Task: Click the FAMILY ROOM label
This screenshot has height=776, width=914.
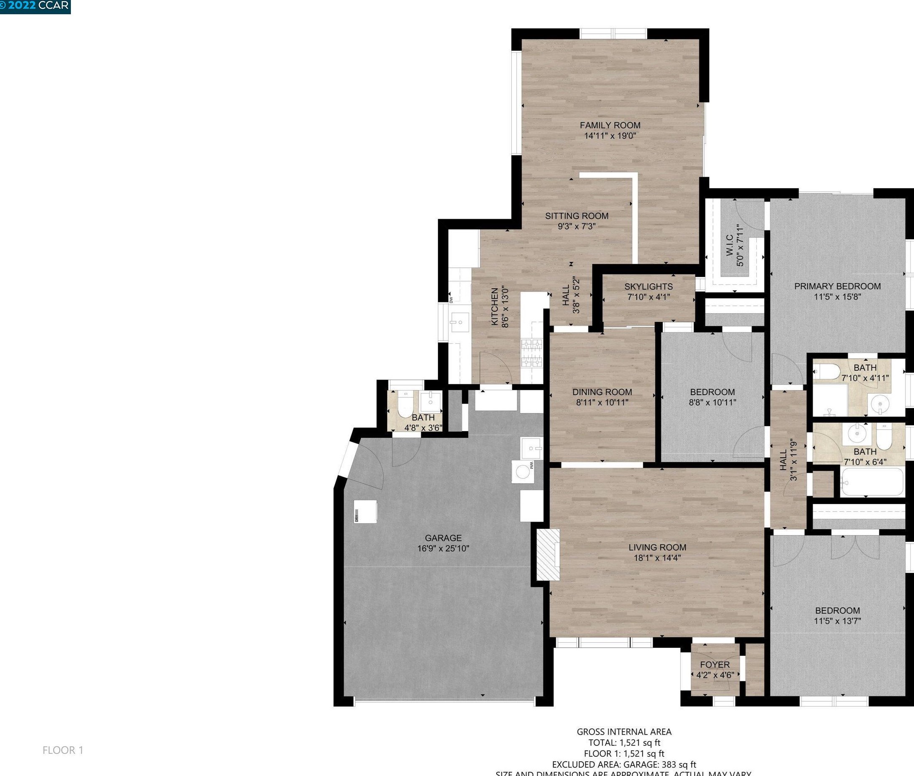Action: pos(610,125)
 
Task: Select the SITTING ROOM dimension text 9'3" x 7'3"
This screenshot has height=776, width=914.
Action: pos(576,227)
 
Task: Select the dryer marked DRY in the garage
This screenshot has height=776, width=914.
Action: pos(365,511)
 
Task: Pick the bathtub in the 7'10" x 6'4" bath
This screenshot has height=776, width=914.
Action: pos(871,482)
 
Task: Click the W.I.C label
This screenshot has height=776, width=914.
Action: pos(729,246)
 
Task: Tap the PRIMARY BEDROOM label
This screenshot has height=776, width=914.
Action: pos(837,286)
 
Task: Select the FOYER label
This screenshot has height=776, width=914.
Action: pos(715,665)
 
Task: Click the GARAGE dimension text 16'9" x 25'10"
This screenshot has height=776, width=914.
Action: pos(443,548)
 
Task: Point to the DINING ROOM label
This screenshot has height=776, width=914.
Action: pos(602,392)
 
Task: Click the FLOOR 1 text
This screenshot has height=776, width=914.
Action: pos(62,750)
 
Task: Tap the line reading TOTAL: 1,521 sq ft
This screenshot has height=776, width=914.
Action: pos(624,743)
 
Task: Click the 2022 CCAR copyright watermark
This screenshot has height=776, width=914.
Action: pos(35,6)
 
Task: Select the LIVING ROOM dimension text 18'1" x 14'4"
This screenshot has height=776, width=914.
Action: pos(657,558)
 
